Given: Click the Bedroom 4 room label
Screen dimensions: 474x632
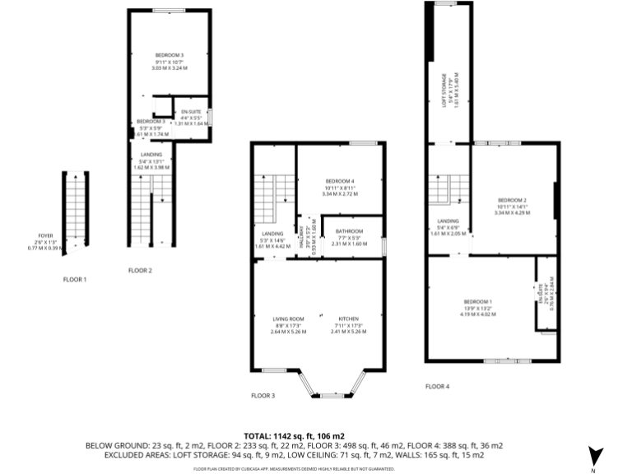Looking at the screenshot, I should coord(340,181).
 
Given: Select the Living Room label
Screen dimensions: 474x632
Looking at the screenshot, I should coord(289,319).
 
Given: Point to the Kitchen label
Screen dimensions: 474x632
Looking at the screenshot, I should coord(347,319).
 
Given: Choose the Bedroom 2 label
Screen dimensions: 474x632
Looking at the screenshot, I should coord(512,200).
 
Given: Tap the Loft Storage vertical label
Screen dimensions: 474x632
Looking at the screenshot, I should coord(443,91).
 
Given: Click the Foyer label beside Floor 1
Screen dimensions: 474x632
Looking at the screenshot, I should coord(45,235).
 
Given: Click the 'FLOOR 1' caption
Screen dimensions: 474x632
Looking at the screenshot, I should coord(75,280).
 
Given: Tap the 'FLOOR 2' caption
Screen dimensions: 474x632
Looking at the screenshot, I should coord(140,270).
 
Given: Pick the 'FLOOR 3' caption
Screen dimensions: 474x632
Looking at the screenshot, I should coord(263,395).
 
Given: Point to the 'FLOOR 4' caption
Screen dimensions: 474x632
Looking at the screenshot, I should coord(437,386).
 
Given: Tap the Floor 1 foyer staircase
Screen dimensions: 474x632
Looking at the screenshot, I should coord(76,210).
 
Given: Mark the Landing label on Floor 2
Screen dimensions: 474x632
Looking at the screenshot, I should coord(151,154).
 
